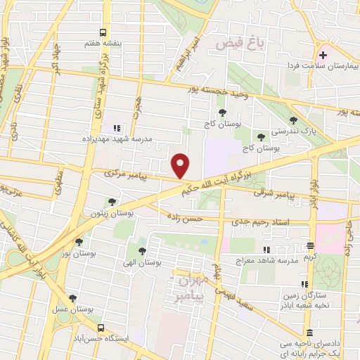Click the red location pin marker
(x=181, y=165)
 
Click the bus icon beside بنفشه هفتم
(x=103, y=32)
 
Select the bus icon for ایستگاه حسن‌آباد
(x=101, y=328)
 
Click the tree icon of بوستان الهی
(x=142, y=250)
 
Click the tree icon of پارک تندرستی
(x=292, y=121)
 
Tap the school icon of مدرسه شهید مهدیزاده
(x=117, y=128)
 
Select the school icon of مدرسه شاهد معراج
(x=266, y=250)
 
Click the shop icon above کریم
(x=310, y=246)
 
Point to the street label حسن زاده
(x=184, y=219)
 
